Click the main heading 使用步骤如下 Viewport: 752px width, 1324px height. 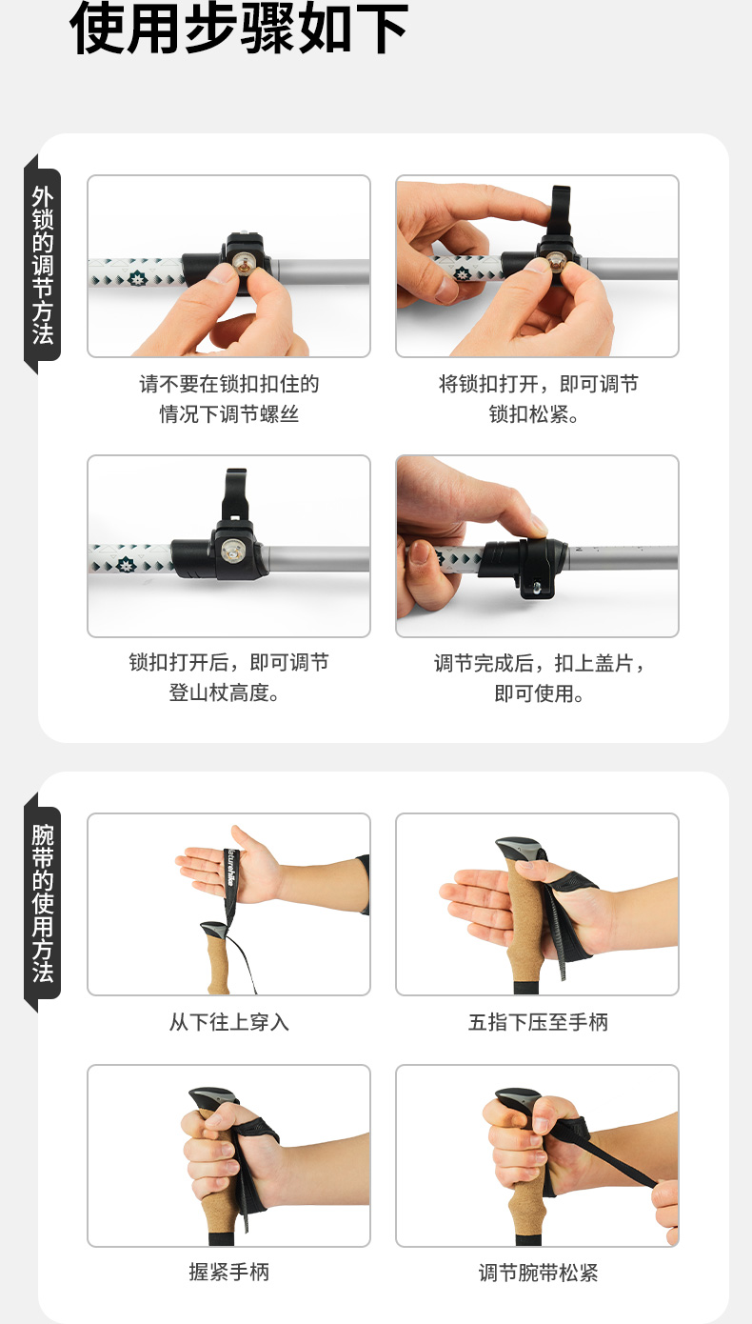(x=239, y=29)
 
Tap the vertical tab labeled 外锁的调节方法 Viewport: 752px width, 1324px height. (x=43, y=265)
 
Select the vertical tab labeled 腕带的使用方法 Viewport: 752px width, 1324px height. (x=43, y=903)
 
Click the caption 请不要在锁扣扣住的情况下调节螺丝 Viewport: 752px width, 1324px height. (x=229, y=399)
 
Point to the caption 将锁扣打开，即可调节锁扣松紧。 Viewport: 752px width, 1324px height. (x=538, y=399)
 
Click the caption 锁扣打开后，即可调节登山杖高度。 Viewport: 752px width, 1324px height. (x=228, y=677)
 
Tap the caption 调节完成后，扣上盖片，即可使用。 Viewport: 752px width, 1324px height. (x=539, y=678)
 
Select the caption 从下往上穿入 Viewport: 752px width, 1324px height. (x=229, y=1022)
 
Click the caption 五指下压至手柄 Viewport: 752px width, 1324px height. (x=538, y=1022)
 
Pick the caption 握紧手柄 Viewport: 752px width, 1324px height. (x=229, y=1272)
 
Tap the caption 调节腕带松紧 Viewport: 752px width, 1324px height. (x=538, y=1272)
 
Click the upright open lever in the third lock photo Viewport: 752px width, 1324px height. (x=234, y=495)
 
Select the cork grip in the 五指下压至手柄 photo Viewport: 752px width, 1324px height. (x=524, y=922)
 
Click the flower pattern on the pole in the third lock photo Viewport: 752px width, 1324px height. (x=126, y=565)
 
